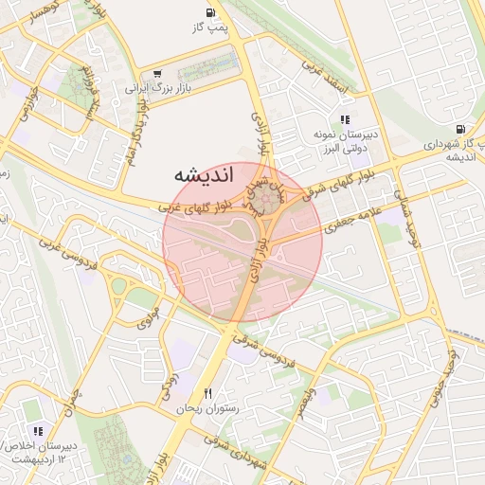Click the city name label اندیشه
198,176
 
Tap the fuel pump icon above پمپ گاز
209,13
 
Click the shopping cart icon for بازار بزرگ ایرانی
156,73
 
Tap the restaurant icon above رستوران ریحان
207,393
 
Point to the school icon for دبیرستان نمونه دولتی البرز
346,120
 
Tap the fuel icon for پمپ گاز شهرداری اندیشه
460,129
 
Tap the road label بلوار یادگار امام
136,142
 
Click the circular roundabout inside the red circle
264,200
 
